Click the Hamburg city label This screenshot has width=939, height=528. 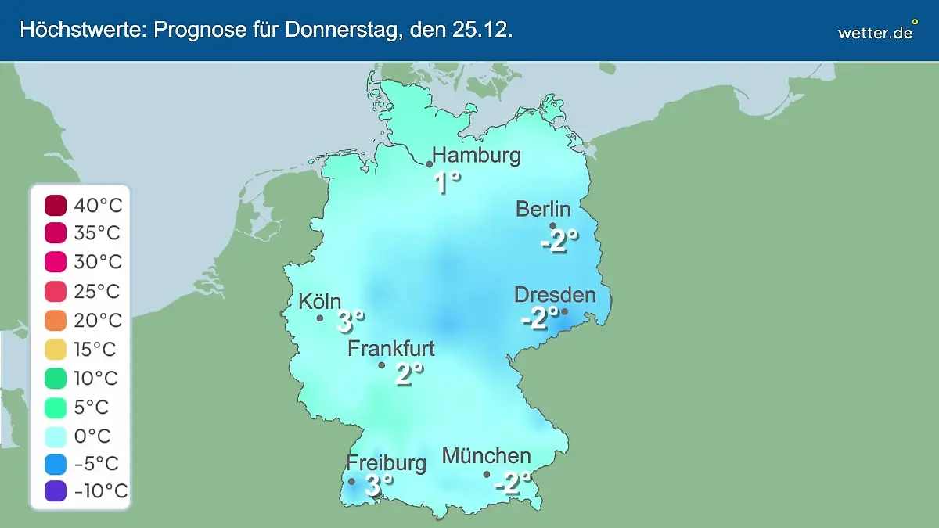pos(477,155)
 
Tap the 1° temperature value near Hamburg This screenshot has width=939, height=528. pos(447,183)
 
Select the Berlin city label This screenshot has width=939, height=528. pos(543,209)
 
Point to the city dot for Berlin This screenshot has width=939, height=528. pos(552,226)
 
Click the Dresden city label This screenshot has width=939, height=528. pos(555,295)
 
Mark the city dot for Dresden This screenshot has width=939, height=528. pos(564,311)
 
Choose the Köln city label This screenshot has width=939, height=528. pos(320,301)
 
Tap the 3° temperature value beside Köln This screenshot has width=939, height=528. pos(351,321)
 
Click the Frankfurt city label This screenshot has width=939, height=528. pos(390,348)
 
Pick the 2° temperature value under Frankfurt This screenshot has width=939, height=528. pos(408,375)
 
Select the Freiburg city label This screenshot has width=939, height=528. pos(387,462)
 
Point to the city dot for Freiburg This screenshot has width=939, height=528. pos(351,481)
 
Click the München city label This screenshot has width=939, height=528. pos(486,455)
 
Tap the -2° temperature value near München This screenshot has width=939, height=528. pos(513,483)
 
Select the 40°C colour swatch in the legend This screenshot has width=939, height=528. pos(56,206)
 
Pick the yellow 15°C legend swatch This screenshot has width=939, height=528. pos(56,350)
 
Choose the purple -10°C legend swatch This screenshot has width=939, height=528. pos(56,492)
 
